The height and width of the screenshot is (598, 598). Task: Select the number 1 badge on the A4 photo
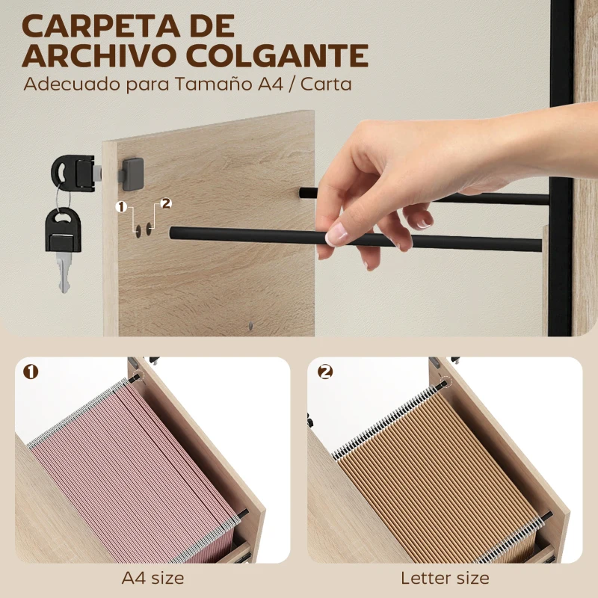tap(31, 372)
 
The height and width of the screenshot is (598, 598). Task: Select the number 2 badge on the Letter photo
tap(324, 372)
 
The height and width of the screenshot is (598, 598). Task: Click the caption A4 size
tap(152, 578)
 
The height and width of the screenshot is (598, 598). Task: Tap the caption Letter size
tap(445, 578)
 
